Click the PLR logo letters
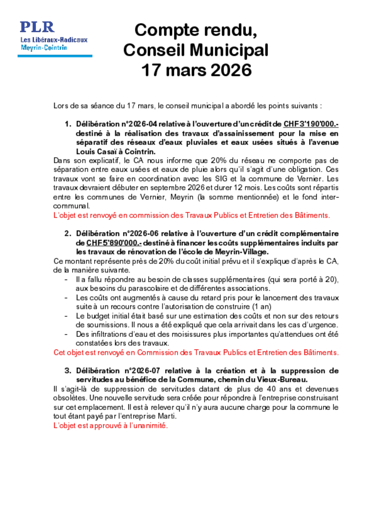(37, 27)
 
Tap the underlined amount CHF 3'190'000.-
(311, 124)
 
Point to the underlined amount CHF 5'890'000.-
(114, 243)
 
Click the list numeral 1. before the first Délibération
(68, 124)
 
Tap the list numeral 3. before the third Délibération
(68, 371)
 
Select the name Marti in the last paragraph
(167, 416)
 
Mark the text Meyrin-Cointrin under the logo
(44, 47)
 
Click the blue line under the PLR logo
(55, 56)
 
